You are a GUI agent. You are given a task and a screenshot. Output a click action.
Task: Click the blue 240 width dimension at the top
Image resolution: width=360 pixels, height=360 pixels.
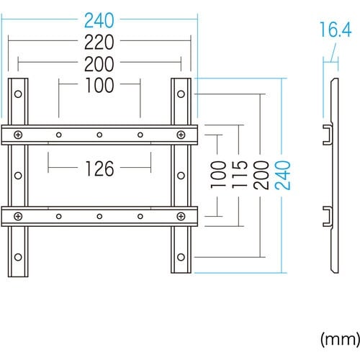click(x=99, y=20)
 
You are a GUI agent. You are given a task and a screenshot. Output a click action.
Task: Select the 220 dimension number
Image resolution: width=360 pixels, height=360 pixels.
click(x=99, y=42)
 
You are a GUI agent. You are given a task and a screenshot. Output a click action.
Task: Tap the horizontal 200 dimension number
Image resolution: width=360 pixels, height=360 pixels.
click(x=99, y=64)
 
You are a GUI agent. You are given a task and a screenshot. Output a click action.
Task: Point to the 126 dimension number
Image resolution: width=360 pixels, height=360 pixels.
click(x=99, y=168)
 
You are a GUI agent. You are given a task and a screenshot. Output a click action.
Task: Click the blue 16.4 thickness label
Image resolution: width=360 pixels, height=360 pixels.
click(x=336, y=30)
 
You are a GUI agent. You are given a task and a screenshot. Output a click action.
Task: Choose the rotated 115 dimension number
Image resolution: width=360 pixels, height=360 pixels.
click(x=240, y=174)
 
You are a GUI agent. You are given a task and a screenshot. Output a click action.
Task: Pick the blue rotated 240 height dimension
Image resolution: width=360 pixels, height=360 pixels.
click(x=282, y=175)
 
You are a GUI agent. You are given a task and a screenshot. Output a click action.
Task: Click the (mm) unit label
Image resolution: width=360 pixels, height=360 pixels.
click(x=341, y=339)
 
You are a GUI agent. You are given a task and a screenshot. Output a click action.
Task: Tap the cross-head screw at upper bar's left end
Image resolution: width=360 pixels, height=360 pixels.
click(x=18, y=135)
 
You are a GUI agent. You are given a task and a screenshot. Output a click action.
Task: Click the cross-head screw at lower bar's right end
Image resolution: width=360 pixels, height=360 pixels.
click(x=181, y=216)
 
